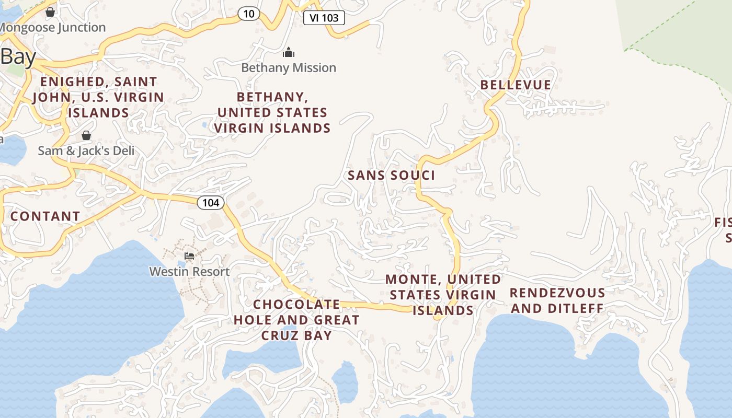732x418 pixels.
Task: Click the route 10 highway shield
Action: click(249, 14)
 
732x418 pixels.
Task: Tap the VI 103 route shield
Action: click(324, 18)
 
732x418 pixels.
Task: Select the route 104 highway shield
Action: click(211, 203)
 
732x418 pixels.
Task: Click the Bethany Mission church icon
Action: click(289, 52)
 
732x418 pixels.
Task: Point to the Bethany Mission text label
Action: click(289, 68)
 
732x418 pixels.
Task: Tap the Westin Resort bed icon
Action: click(189, 256)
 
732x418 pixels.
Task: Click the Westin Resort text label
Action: click(189, 272)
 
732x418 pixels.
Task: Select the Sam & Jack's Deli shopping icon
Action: click(86, 136)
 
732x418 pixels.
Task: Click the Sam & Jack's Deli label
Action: click(86, 151)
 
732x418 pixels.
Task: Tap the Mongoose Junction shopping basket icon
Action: click(50, 11)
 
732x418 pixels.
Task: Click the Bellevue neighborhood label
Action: click(516, 85)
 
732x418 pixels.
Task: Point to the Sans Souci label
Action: click(392, 176)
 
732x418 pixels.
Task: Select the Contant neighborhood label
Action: click(45, 216)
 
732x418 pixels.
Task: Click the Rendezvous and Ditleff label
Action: click(557, 300)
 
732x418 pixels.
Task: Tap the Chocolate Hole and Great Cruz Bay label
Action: click(296, 320)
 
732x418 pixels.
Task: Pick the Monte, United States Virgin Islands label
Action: click(443, 295)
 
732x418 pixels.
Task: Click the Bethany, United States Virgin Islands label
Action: click(272, 112)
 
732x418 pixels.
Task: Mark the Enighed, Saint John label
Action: click(98, 97)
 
